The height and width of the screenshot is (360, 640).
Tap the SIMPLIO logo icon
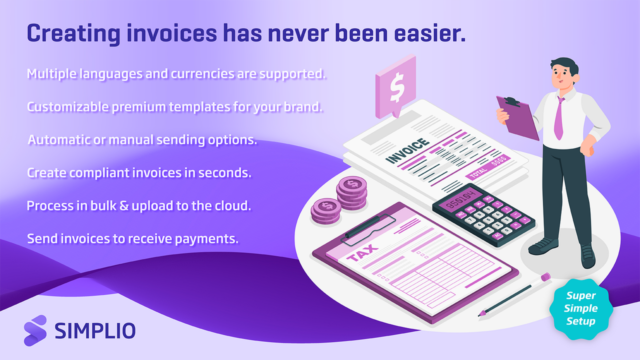tap(35, 330)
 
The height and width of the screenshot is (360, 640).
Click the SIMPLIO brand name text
tap(94, 331)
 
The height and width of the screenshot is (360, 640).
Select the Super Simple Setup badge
tap(580, 308)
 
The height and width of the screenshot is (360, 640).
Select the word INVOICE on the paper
tap(408, 150)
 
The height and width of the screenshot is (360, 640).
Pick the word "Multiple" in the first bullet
tap(49, 74)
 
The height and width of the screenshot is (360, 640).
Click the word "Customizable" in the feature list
tap(62, 107)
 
